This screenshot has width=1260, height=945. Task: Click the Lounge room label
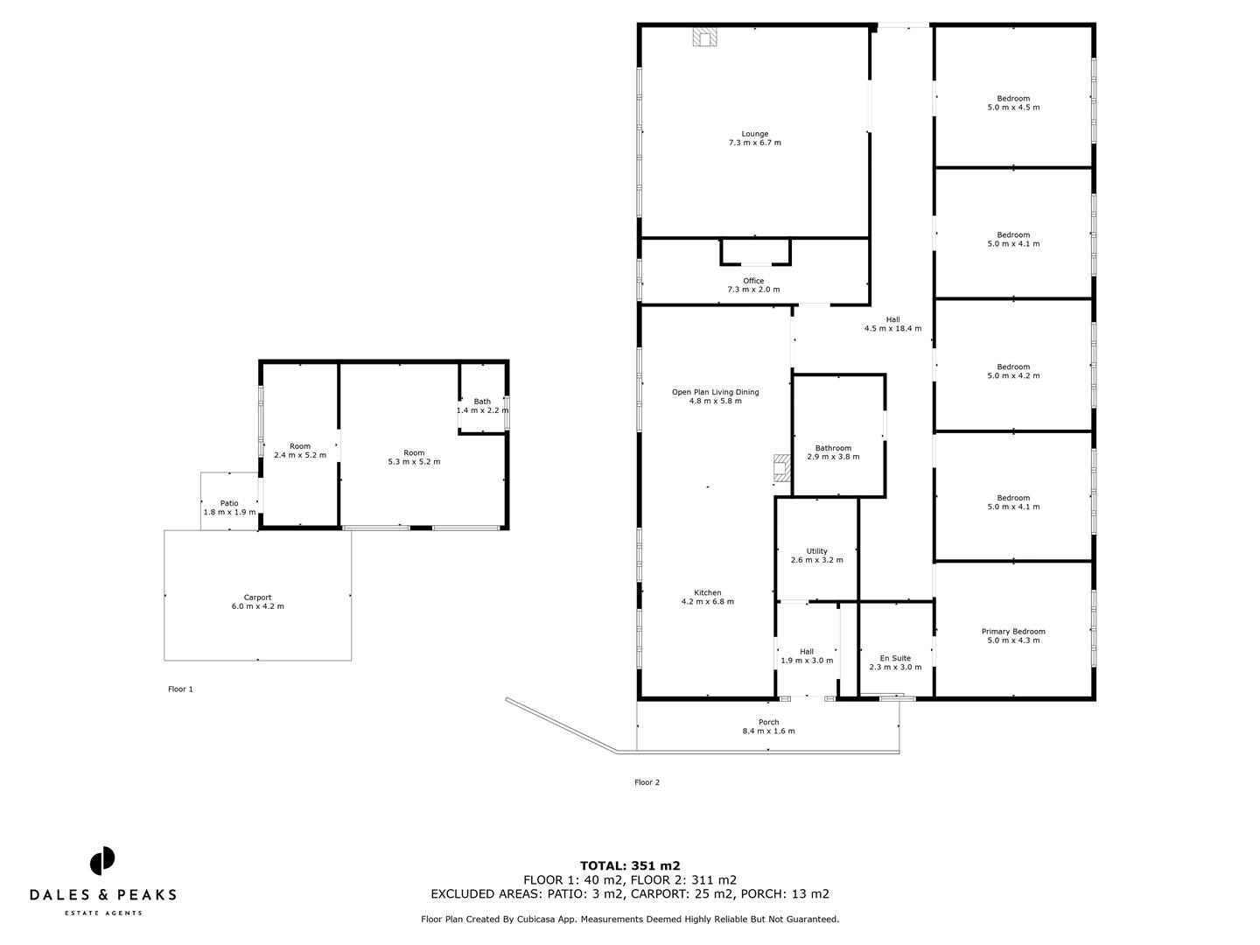(x=754, y=138)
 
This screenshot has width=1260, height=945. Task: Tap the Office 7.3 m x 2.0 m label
(x=753, y=285)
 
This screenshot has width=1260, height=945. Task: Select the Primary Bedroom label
(x=1013, y=636)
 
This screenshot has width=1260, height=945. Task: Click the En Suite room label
(x=895, y=662)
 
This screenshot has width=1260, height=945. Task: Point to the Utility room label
(x=816, y=556)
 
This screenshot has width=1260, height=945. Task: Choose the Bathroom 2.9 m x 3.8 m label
(x=833, y=452)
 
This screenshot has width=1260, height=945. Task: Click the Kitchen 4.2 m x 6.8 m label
(x=707, y=597)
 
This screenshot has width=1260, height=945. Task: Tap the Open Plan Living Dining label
(x=715, y=396)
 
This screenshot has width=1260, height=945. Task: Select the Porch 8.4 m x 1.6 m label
(x=768, y=726)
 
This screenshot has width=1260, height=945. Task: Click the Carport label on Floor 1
(x=257, y=602)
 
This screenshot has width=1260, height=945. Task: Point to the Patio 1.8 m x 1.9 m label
(x=229, y=507)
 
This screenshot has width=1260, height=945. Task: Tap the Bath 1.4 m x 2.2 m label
(x=482, y=406)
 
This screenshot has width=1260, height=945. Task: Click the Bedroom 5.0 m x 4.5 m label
(x=1013, y=103)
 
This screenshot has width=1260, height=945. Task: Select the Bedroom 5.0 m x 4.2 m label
(x=1013, y=371)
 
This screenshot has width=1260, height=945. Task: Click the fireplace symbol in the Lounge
(x=705, y=37)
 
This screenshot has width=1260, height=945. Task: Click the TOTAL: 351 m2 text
(x=630, y=865)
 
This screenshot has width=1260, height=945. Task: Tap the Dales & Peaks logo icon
(x=102, y=860)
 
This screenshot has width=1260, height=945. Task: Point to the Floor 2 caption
(x=647, y=782)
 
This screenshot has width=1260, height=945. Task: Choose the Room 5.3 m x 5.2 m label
(x=414, y=457)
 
